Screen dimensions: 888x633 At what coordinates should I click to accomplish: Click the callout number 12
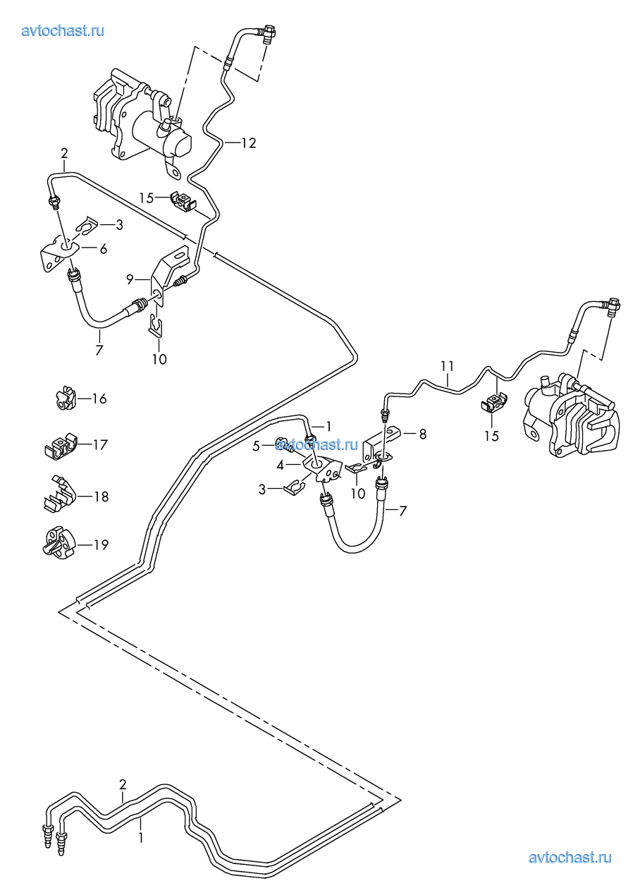[x=247, y=143]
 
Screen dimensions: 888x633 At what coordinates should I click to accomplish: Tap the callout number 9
[x=130, y=279]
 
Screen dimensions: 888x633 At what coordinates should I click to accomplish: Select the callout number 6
[x=103, y=248]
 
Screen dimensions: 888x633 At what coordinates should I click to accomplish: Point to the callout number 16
[x=99, y=399]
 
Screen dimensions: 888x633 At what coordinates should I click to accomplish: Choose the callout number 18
[x=101, y=497]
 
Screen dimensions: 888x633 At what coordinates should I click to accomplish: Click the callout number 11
[x=448, y=366]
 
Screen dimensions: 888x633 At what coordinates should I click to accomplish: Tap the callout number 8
[x=423, y=434]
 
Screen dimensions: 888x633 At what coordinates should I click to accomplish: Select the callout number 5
[x=257, y=445]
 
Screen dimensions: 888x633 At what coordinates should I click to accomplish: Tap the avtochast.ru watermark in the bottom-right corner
[x=570, y=858]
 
